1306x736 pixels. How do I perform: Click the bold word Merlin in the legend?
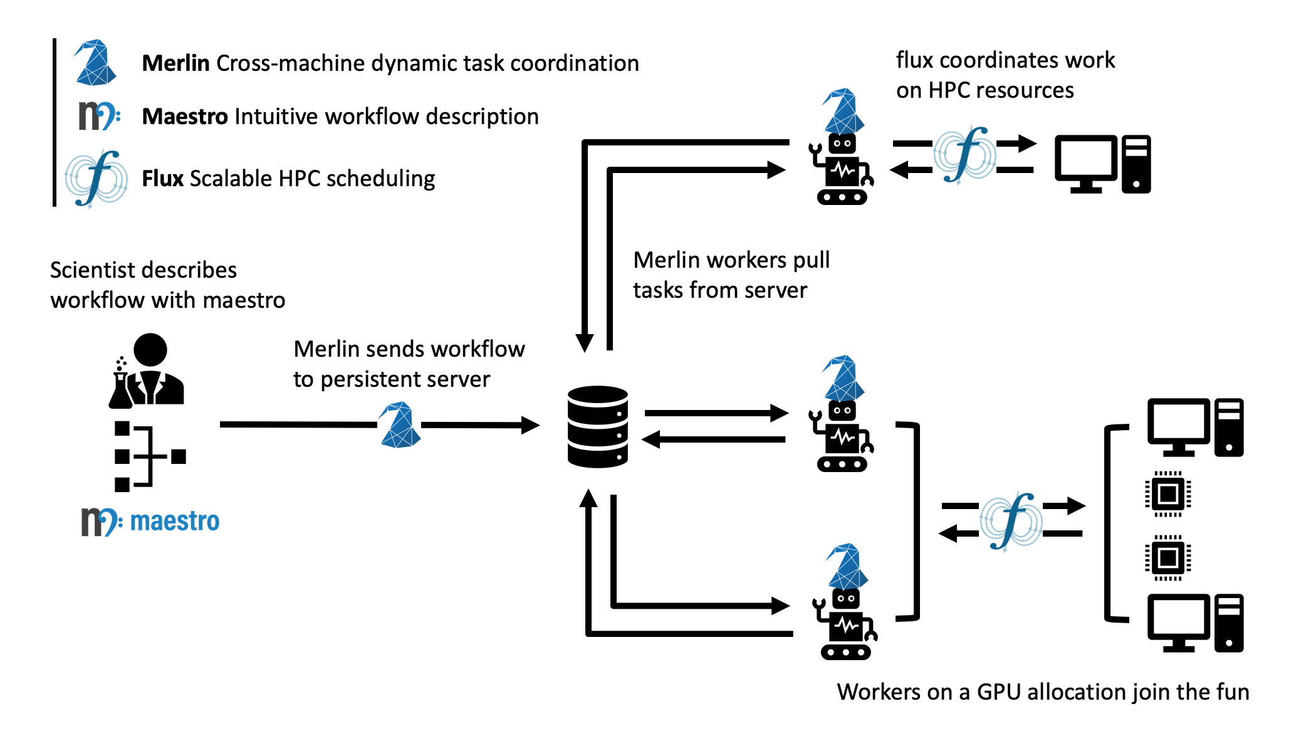175,63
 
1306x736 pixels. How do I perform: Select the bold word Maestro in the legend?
185,117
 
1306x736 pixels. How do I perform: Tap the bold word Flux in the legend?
162,179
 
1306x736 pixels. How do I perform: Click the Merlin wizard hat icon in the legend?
95,62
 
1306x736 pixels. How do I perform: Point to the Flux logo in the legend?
96,179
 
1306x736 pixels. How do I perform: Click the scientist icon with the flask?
147,371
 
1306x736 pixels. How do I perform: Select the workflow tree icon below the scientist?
150,456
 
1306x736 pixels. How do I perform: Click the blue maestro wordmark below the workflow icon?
175,522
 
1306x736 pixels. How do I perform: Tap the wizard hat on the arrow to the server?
399,425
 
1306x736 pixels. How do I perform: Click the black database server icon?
598,426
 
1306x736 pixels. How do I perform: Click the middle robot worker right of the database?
843,414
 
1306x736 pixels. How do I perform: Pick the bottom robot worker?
846,602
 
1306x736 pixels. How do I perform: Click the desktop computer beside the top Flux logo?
1103,164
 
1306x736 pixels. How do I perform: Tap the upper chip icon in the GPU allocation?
1168,494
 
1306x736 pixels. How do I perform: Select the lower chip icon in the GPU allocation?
1168,557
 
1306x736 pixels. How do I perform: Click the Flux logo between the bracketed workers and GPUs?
1011,520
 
